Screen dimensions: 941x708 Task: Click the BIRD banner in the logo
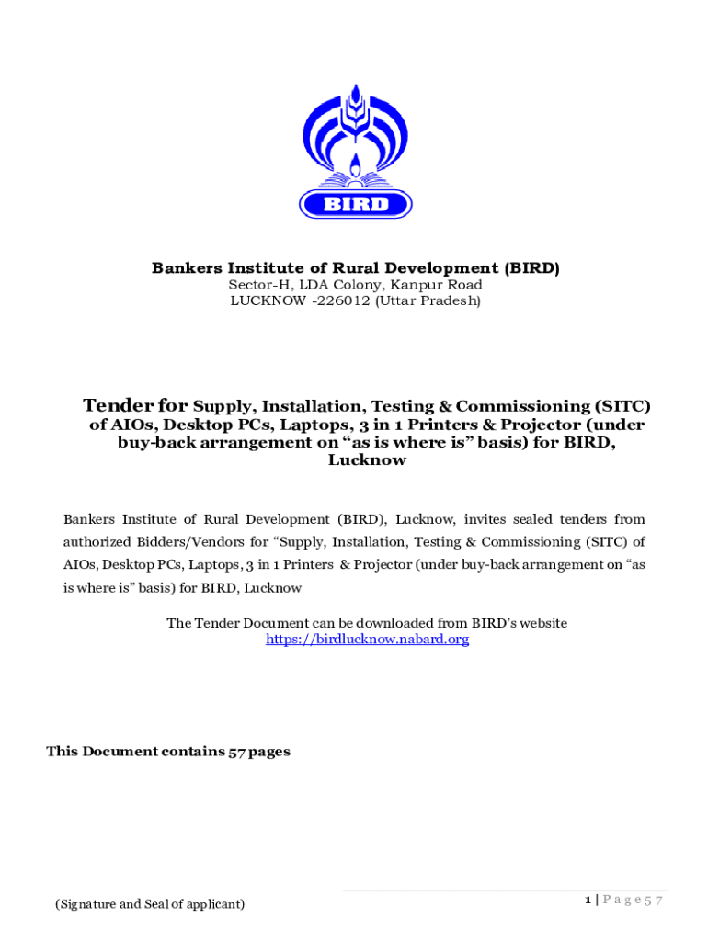(356, 204)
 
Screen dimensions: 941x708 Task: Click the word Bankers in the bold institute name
(184, 268)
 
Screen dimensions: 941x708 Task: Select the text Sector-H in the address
(257, 285)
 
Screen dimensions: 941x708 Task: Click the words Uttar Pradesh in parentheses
(428, 300)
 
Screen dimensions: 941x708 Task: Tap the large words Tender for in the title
(136, 405)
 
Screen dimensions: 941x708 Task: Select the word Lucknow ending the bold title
(367, 460)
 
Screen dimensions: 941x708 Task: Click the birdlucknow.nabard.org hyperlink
(367, 639)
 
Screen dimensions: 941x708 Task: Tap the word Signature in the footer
(87, 904)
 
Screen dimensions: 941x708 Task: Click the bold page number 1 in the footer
(587, 900)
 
